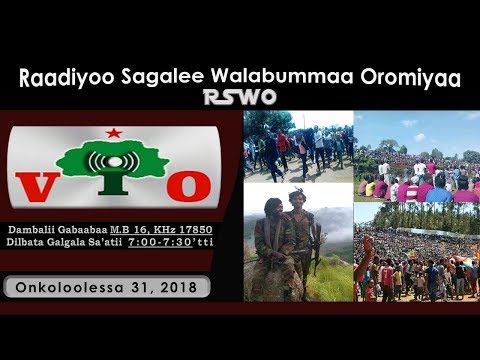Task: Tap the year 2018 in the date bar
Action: [179, 286]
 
